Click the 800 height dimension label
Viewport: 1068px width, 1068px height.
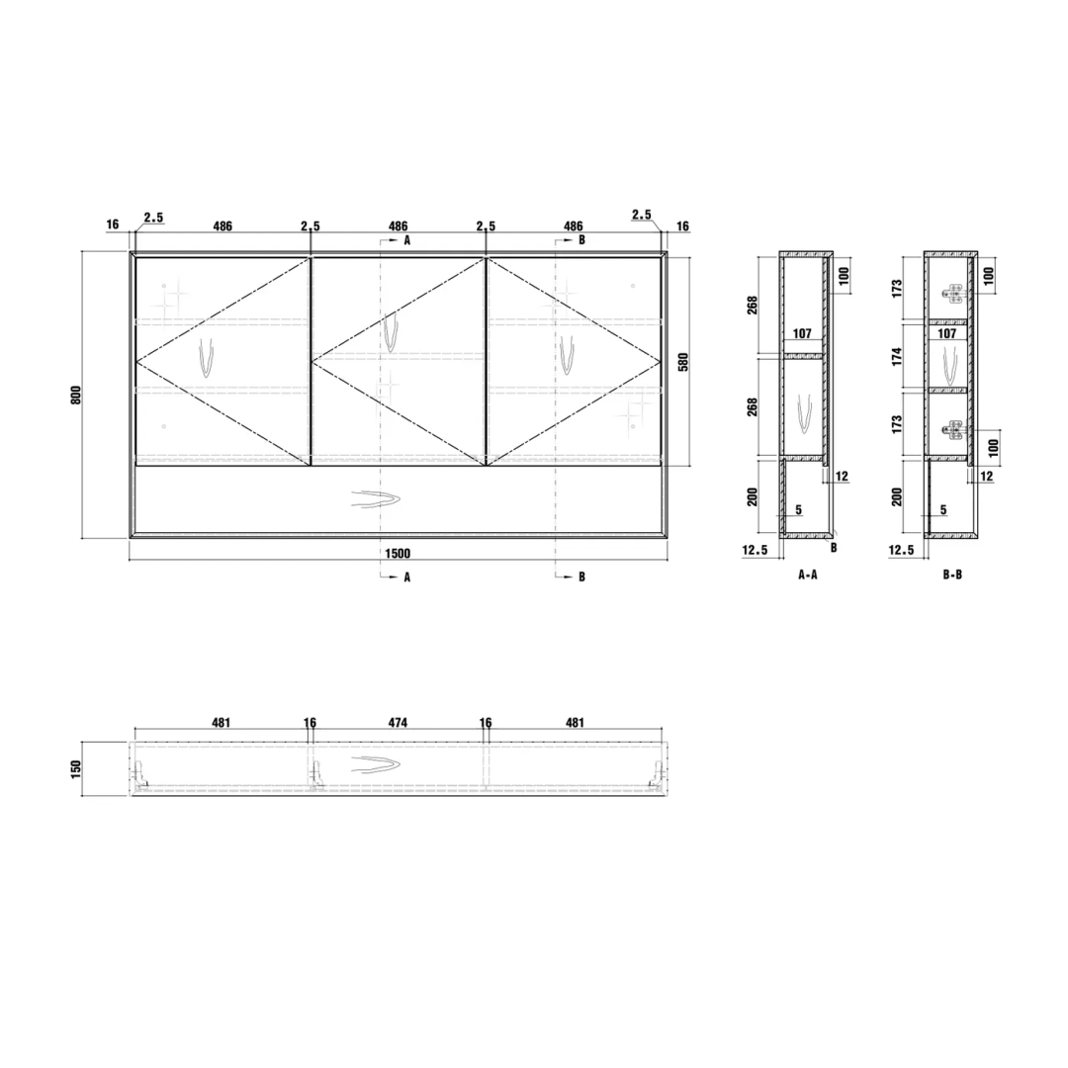point(76,395)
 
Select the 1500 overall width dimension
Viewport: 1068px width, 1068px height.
point(398,553)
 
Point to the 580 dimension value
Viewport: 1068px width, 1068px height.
point(683,362)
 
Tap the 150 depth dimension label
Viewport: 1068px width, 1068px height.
point(76,768)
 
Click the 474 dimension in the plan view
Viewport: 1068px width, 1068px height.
point(398,722)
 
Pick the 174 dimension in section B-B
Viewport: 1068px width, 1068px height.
point(897,356)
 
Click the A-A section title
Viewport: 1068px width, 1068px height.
point(808,575)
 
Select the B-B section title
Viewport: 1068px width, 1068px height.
point(952,575)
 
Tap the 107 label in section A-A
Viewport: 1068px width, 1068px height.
point(802,333)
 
